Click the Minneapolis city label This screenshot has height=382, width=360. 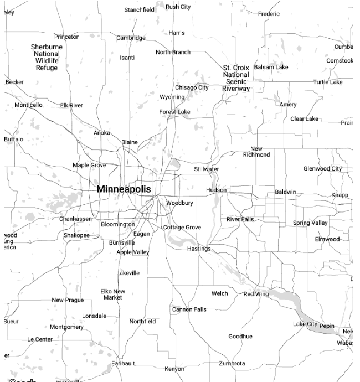[x=124, y=189]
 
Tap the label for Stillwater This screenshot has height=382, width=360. [x=206, y=169]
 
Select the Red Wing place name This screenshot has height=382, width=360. [x=256, y=294]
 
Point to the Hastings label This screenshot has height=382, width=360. [x=199, y=249]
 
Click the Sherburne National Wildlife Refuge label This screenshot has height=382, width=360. [x=47, y=57]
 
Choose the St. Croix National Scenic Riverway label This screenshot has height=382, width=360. [x=236, y=78]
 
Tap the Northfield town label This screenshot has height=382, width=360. [x=142, y=321]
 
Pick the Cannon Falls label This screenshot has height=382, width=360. [x=189, y=309]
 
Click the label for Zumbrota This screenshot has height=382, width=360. [x=232, y=363]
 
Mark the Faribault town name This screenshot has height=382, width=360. [x=123, y=363]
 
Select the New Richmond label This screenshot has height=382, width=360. [x=256, y=152]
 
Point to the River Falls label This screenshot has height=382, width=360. [x=240, y=219]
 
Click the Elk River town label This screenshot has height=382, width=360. [x=71, y=105]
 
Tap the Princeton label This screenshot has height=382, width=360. [x=67, y=37]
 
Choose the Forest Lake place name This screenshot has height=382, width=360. [x=174, y=112]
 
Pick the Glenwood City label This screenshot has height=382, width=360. [x=322, y=168]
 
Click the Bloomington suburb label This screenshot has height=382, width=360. [x=117, y=224]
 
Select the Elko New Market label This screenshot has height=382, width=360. [x=112, y=294]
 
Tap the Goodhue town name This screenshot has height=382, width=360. [x=240, y=336]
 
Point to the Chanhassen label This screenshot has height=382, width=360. [x=75, y=219]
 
